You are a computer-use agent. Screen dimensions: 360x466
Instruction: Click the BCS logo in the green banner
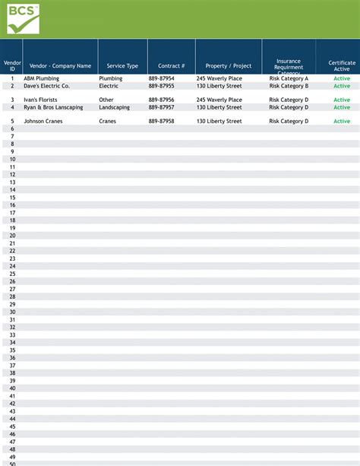[x=21, y=18]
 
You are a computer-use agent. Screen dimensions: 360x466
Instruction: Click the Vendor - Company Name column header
[x=60, y=66]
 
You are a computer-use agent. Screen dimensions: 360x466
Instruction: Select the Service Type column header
[x=122, y=66]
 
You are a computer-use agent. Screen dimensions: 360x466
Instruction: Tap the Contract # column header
[x=171, y=66]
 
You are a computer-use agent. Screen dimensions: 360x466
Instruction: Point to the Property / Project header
[x=228, y=66]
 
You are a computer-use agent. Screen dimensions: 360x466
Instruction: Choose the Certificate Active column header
[x=342, y=66]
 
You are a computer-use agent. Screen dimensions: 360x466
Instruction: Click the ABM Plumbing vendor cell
[x=41, y=78]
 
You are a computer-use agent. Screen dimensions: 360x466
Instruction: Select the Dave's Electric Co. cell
[x=46, y=86]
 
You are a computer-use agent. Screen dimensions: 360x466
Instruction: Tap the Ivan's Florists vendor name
[x=40, y=100]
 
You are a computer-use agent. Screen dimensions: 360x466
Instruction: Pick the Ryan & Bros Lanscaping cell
[x=53, y=107]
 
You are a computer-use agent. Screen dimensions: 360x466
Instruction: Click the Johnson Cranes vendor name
[x=44, y=121]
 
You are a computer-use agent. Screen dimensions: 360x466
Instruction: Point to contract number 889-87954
[x=161, y=78]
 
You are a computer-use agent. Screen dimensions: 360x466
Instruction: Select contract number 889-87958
[x=161, y=121]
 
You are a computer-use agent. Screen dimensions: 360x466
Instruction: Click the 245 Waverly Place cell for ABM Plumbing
[x=219, y=78]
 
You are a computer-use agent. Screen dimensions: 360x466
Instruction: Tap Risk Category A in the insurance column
[x=289, y=78]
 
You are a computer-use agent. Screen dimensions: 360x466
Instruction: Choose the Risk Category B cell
[x=289, y=86]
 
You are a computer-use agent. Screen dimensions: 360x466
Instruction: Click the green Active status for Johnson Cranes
[x=342, y=121]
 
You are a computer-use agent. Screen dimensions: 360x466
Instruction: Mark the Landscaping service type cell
[x=114, y=107]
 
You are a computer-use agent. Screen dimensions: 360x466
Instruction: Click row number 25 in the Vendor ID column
[x=12, y=274]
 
